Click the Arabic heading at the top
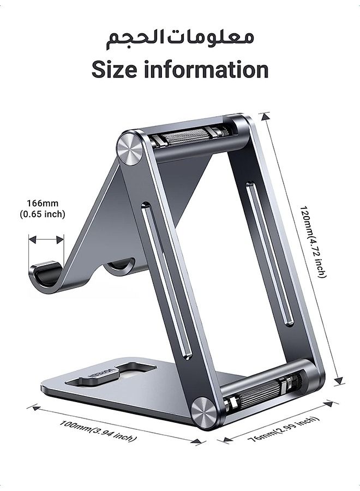[x=180, y=39]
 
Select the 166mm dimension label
[x=43, y=203]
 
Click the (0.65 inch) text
[x=43, y=214]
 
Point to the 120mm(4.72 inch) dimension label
[x=313, y=242]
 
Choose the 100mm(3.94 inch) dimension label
[x=98, y=431]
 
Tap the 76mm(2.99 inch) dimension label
[x=284, y=429]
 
